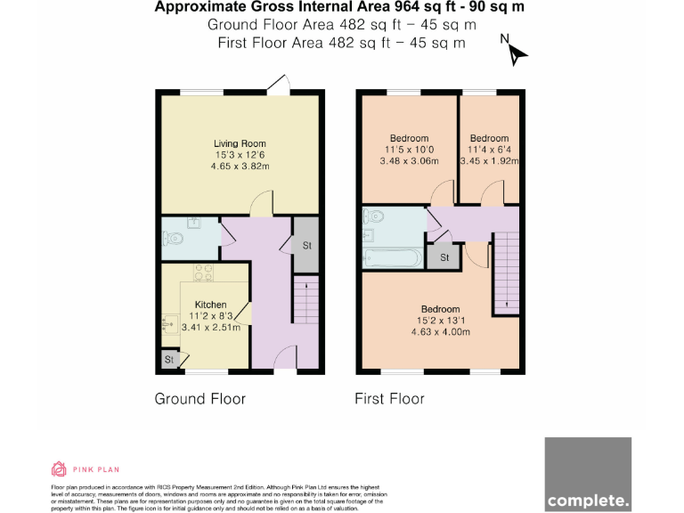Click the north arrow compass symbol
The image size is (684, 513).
[515, 52]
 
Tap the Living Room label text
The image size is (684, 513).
[240, 143]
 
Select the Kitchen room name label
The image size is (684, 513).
[210, 305]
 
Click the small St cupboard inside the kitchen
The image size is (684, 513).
[168, 359]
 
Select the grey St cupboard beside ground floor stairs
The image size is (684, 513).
[305, 244]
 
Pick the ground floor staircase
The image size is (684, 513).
[305, 303]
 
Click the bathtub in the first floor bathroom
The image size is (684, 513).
[392, 259]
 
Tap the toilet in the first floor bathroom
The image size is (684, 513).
[374, 216]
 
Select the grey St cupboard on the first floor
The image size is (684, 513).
[443, 256]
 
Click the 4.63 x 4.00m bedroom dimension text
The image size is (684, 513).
[440, 332]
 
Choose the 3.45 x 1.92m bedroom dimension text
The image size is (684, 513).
[489, 161]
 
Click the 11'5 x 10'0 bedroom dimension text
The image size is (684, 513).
[407, 150]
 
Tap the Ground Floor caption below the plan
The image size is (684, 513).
[200, 398]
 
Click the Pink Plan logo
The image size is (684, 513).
[85, 469]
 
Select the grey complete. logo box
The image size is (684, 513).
[588, 475]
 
